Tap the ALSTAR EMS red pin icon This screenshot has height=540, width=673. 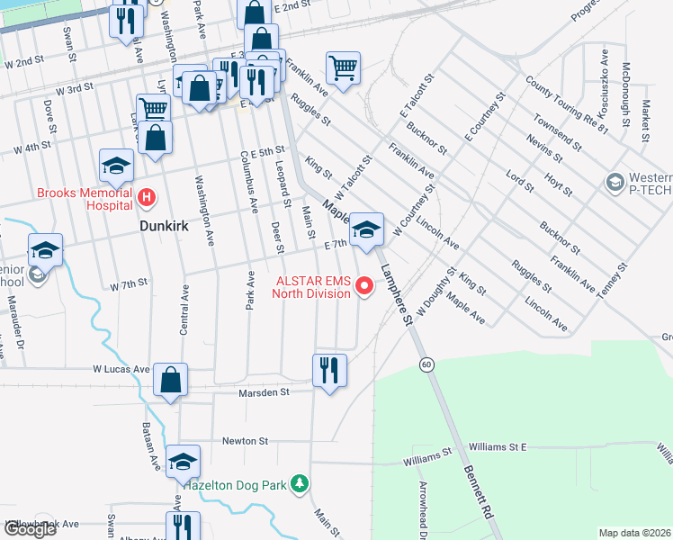[364, 287]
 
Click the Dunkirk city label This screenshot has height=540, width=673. [165, 227]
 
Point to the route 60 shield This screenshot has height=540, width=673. [426, 363]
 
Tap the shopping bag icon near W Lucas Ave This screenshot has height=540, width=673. [170, 380]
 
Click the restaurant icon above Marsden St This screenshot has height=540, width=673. [329, 370]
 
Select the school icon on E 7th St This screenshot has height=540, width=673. [366, 229]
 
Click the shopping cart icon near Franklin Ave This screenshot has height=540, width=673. [343, 67]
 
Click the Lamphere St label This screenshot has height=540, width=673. [396, 293]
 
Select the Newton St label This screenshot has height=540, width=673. [246, 441]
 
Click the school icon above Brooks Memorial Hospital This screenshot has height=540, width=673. [116, 166]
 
